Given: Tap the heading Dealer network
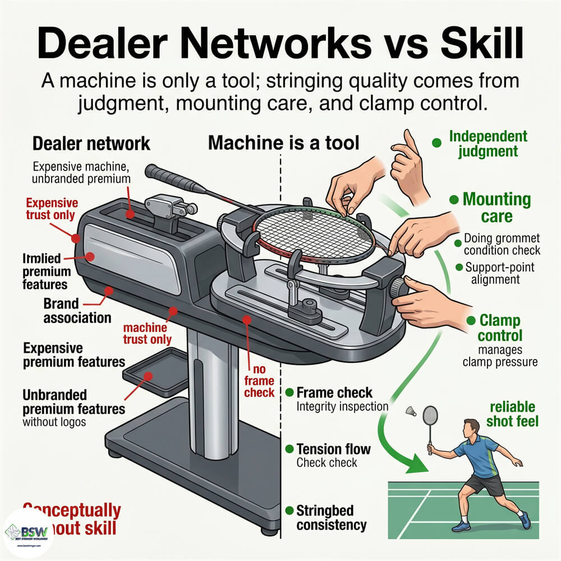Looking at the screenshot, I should click(91, 143).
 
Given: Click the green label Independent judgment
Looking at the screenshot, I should click(488, 143).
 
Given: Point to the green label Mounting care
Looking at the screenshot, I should click(496, 207).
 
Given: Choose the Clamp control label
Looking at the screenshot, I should click(500, 328).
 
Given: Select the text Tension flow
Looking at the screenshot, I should click(333, 449).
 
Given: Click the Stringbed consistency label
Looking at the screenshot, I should click(331, 517).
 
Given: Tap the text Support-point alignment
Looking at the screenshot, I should click(496, 273).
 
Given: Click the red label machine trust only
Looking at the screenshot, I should click(147, 333).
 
